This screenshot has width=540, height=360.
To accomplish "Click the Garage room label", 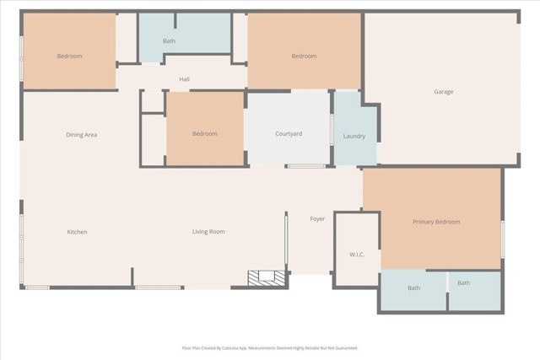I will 444,92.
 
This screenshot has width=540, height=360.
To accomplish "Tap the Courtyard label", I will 289,134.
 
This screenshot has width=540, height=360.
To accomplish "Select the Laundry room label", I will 354,136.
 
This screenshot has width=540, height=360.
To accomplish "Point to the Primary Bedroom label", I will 436,222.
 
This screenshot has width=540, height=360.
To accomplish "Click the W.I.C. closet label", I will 356,254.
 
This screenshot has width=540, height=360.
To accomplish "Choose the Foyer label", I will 317,219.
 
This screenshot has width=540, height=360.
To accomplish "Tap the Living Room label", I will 208,232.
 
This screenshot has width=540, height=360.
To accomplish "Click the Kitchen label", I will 78,232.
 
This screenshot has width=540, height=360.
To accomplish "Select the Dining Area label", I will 82,134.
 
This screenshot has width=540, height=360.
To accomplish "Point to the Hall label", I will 184,79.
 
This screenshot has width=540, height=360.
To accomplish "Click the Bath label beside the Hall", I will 170,40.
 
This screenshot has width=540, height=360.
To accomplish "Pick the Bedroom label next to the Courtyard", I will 204,133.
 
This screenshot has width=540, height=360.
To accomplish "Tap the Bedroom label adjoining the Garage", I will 304,56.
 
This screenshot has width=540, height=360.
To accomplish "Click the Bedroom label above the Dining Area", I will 69,56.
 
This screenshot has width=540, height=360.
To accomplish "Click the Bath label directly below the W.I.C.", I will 413,288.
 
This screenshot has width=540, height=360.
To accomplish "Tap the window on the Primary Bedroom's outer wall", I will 502,239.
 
